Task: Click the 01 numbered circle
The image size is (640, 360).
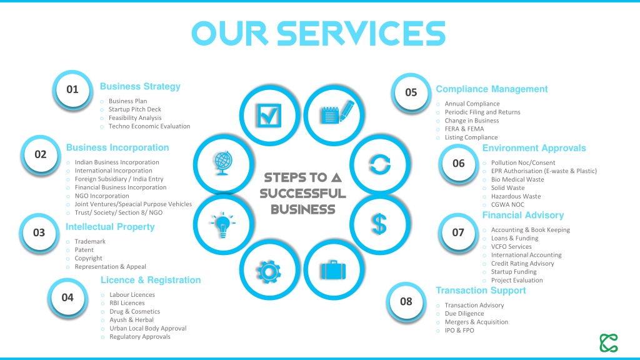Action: pyautogui.click(x=72, y=89)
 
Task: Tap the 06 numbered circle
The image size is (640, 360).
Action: pyautogui.click(x=458, y=164)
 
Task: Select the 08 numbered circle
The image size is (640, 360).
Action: pyautogui.click(x=406, y=302)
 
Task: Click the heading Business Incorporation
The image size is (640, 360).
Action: pyautogui.click(x=117, y=147)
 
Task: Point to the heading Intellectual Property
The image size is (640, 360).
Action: pyautogui.click(x=110, y=227)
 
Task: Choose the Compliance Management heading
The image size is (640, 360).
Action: pyautogui.click(x=492, y=89)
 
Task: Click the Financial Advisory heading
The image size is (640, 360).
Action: pyautogui.click(x=523, y=215)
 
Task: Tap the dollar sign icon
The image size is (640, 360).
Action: pyautogui.click(x=379, y=224)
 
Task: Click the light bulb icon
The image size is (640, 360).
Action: pyautogui.click(x=223, y=224)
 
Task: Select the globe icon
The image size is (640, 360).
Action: pyautogui.click(x=223, y=163)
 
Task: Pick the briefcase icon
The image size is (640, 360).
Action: pyautogui.click(x=334, y=270)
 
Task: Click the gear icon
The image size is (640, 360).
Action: pyautogui.click(x=269, y=271)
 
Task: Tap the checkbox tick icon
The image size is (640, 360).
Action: pyautogui.click(x=269, y=116)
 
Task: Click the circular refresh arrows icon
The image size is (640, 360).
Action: pyautogui.click(x=380, y=164)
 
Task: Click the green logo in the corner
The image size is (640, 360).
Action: pyautogui.click(x=609, y=343)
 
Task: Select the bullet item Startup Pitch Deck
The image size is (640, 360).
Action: pyautogui.click(x=135, y=109)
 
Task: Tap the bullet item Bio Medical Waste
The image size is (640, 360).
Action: pyautogui.click(x=517, y=179)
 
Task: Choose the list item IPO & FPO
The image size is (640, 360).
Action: pyautogui.click(x=459, y=331)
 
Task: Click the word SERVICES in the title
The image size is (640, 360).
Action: pyautogui.click(x=361, y=34)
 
